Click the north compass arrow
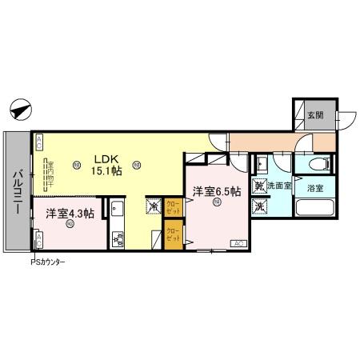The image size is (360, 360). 22,108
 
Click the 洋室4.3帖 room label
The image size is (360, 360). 70,214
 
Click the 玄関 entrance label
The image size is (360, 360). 315,115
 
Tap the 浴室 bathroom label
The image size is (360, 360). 314,189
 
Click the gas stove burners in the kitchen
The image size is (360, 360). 118,238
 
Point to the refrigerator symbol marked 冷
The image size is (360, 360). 154,206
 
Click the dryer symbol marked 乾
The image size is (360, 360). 260,187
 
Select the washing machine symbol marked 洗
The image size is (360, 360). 260,206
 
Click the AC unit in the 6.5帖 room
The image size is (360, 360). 238,242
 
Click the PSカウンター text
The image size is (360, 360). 48,262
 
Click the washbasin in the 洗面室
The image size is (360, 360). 261,165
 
